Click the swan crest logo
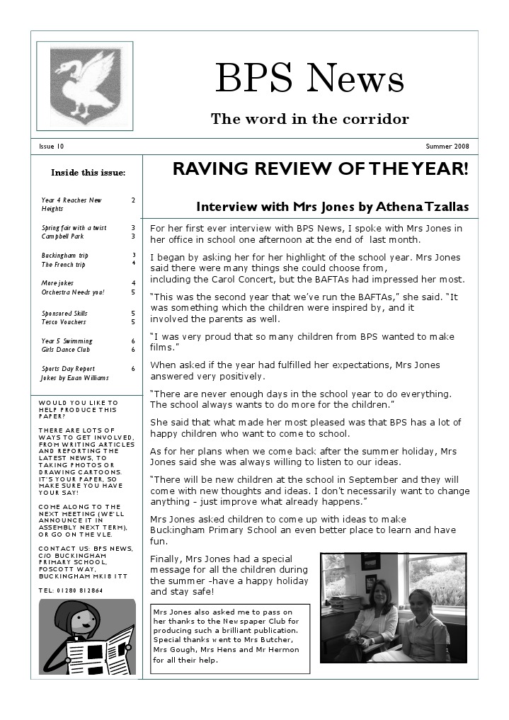[85, 86]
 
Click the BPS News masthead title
[309, 78]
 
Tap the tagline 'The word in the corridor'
[309, 119]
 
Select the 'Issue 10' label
[51, 147]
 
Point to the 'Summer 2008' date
[447, 147]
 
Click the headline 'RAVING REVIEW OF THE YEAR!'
[320, 169]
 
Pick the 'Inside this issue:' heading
[88, 173]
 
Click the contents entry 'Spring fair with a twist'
[74, 228]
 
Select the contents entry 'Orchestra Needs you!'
[73, 292]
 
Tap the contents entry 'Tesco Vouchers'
[64, 322]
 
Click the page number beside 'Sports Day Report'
[133, 369]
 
